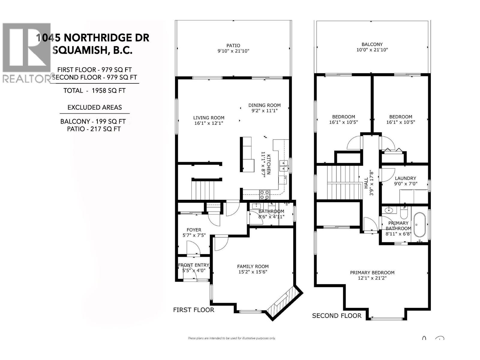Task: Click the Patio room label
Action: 233,46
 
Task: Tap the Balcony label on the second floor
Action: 372,44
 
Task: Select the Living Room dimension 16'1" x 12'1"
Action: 208,123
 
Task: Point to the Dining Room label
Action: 264,105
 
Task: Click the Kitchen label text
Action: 269,165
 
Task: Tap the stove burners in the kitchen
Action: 264,195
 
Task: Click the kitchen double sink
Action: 283,166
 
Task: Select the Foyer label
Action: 194,230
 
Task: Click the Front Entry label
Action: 193,265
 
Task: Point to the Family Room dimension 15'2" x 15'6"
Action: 253,272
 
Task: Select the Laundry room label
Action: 405,178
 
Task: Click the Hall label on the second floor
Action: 366,183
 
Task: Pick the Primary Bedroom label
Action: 372,272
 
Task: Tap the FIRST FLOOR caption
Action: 193,310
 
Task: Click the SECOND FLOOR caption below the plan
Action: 337,316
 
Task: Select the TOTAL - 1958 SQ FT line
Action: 94,91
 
